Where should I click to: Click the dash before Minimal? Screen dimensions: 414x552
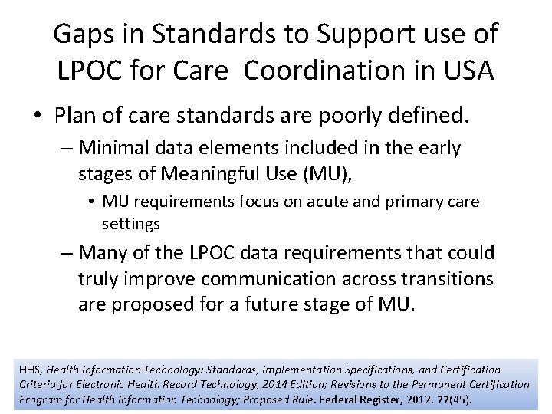(x=65, y=148)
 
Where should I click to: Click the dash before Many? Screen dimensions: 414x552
(x=65, y=253)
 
